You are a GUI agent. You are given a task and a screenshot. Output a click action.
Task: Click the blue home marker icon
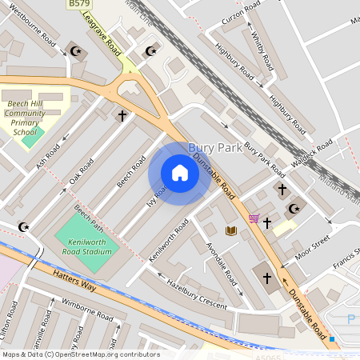179,173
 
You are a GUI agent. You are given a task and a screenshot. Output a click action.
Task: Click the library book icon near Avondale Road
231,230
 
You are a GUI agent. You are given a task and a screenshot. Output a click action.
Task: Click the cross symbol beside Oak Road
122,116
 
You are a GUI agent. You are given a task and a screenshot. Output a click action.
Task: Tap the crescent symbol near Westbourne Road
77,51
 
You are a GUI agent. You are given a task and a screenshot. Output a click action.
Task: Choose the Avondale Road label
221,265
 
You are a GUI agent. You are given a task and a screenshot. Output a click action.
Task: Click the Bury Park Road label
265,158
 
